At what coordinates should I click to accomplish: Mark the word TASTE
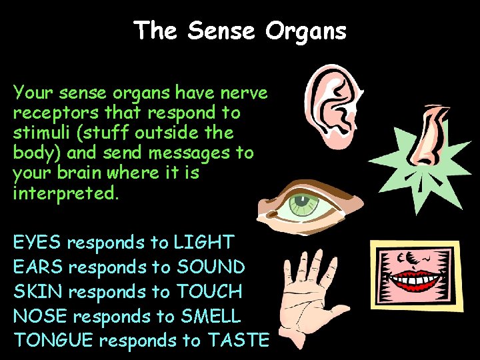click(237, 341)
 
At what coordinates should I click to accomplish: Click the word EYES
click(37, 242)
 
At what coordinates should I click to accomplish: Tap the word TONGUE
click(53, 341)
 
